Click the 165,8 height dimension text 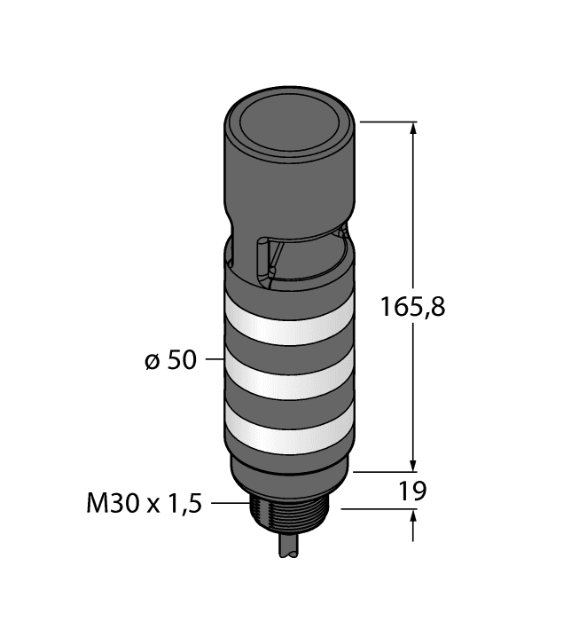coord(411,308)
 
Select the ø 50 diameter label coord(169,362)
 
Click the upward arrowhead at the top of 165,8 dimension coord(412,130)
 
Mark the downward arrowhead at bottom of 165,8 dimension coord(412,464)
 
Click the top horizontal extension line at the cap coord(387,122)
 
